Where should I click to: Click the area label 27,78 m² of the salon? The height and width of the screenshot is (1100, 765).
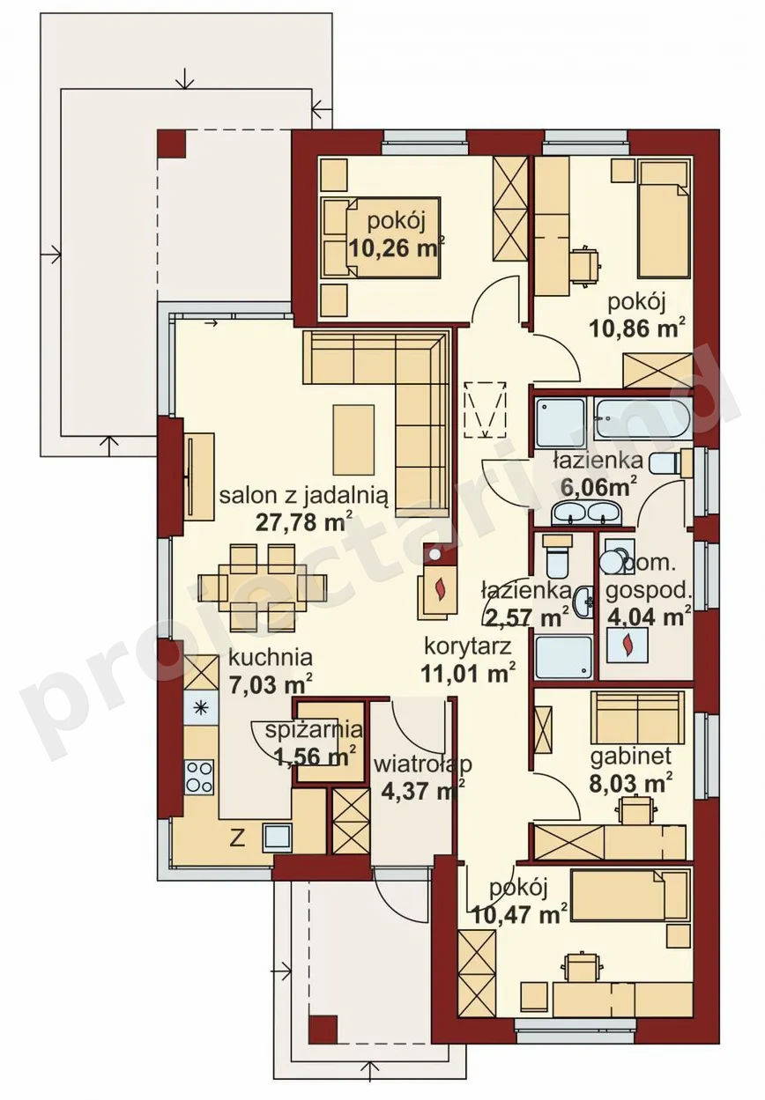coord(304,522)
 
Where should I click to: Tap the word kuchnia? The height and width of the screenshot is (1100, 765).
coord(271,657)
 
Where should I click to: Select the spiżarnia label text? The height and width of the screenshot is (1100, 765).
coord(314,731)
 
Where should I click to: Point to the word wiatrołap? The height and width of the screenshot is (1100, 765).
coord(422,764)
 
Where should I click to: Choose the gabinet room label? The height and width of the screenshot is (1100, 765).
coord(631,757)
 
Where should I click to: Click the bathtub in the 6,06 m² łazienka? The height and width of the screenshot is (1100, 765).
coord(642,417)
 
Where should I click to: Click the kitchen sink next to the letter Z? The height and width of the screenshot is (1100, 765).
coord(279,838)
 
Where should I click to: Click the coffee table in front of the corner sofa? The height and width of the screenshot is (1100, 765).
coord(353,438)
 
